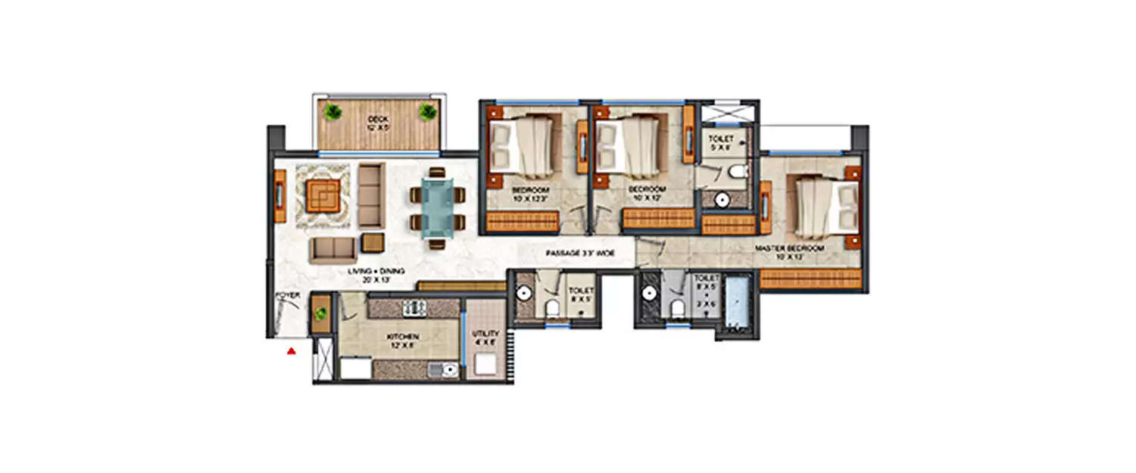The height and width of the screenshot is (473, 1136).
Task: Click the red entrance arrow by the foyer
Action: click(x=290, y=350)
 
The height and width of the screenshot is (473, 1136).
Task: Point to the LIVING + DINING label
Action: click(x=376, y=271)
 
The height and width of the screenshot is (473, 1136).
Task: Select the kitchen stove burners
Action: click(x=413, y=307)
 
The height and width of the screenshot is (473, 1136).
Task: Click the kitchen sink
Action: click(x=442, y=370)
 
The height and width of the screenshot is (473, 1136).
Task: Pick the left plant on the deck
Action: click(x=332, y=112)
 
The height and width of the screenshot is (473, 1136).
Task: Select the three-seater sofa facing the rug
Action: click(x=370, y=195)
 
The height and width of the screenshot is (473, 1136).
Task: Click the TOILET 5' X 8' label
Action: click(x=719, y=144)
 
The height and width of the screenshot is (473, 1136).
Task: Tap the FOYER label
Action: click(x=286, y=295)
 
